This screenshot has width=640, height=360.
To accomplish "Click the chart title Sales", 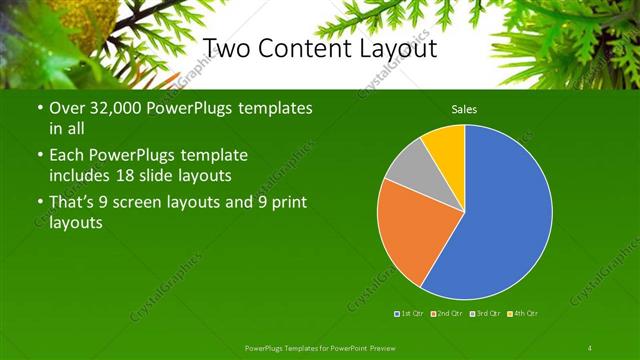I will [464, 109].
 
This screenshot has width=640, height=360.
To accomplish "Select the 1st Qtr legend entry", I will [411, 314].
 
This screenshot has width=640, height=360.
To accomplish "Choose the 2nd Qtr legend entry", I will [448, 314].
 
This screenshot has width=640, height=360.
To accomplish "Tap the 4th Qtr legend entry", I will [525, 314].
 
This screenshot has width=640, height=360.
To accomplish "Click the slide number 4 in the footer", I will [590, 347].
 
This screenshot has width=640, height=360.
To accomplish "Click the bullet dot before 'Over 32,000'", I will [38, 108].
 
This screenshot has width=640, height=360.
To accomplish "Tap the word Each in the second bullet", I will [66, 156].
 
